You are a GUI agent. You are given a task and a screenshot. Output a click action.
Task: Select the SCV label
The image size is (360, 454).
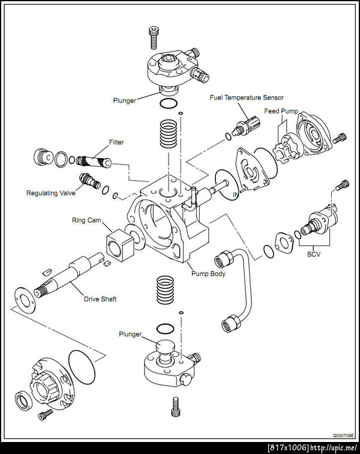316,254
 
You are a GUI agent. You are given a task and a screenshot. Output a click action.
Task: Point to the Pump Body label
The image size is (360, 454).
208,274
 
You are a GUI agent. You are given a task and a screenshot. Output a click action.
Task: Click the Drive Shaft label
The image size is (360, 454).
100,299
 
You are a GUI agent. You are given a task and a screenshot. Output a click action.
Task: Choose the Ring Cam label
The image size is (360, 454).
86,220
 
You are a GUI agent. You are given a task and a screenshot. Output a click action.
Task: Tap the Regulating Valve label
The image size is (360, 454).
51,193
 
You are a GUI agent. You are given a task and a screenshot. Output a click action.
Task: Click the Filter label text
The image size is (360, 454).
116,143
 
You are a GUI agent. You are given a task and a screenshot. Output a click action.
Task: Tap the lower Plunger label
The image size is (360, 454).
130,333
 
